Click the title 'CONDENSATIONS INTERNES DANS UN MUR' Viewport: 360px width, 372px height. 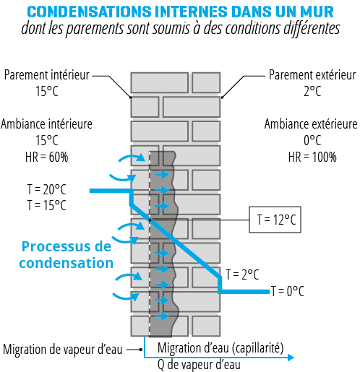pos(180,12)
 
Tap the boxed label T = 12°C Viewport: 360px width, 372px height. pos(275,220)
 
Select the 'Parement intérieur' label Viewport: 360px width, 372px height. pos(47,75)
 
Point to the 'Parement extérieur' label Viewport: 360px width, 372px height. pos(312,75)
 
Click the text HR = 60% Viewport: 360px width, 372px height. pos(47,157)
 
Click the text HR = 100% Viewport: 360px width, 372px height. pos(312,157)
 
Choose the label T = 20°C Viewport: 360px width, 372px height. pos(46,189)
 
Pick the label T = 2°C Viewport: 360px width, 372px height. pos(242,274)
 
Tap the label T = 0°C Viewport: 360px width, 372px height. pos(288,291)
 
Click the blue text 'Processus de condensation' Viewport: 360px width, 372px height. pos(67,254)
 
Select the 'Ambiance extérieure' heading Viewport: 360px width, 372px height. pos(311,124)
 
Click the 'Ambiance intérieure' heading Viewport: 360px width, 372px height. pos(46,124)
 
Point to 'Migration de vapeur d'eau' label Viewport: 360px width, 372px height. pos(63,350)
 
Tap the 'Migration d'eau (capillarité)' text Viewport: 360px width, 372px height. pos(220,348)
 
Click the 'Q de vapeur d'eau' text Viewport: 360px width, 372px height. pos(199,365)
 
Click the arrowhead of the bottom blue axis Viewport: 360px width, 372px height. pos(291,358)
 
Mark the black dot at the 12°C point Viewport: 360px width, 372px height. pos(150,220)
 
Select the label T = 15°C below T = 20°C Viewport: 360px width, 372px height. pos(46,205)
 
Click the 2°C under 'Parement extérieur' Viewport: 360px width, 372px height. pos(312,92)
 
